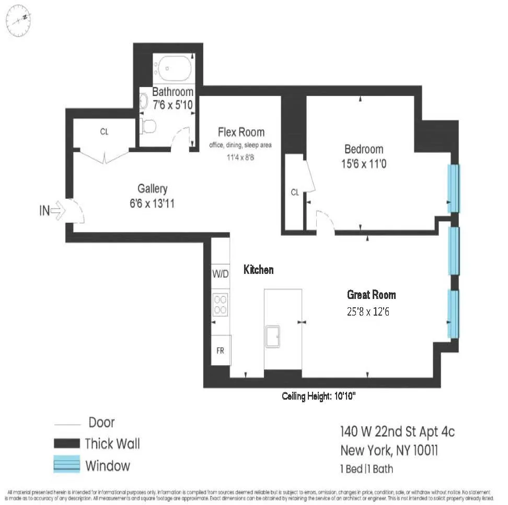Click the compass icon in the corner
(x=18, y=19)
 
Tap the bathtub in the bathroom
(x=174, y=68)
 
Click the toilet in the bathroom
(x=148, y=126)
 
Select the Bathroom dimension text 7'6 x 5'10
(x=173, y=105)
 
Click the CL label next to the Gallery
(x=104, y=131)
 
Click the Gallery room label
(x=153, y=189)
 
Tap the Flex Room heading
(x=241, y=132)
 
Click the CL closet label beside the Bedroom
(x=295, y=193)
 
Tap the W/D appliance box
(x=220, y=274)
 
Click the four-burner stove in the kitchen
(x=220, y=304)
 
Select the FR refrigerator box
(x=220, y=351)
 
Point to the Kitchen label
(x=259, y=270)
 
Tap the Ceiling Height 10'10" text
(x=319, y=396)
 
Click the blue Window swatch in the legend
(x=66, y=464)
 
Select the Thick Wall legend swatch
(x=66, y=443)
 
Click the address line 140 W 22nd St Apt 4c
(x=397, y=432)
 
